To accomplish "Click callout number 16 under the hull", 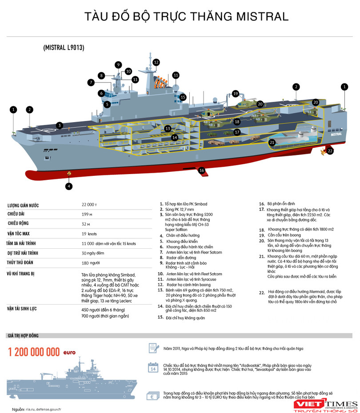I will pos(202,170).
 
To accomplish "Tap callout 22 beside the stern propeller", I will pos(330,151).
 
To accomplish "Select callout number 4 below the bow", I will pos(69,186).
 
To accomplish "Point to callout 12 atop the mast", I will pos(156,62).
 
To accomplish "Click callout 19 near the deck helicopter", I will pos(236,94).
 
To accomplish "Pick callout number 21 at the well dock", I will pos(272,143).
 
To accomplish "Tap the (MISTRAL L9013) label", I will pos(64,47).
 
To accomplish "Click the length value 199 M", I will pos(87,214).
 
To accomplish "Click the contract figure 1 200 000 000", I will pos(34,352).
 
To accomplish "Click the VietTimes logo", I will pos(326,405).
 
